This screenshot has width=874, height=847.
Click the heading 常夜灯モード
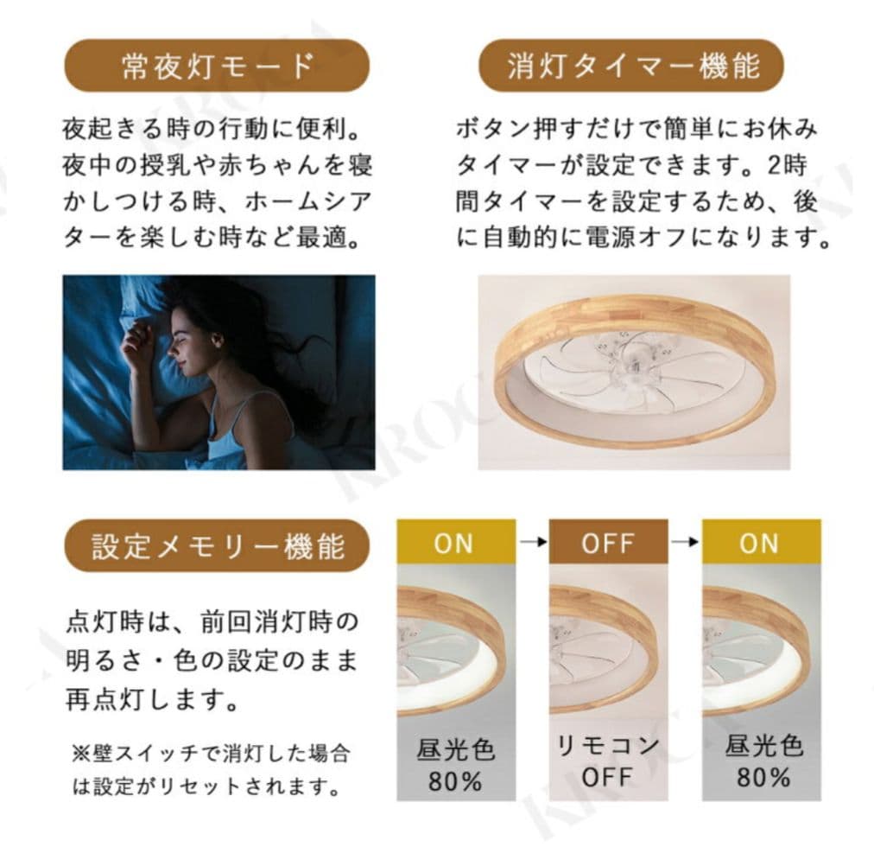217,67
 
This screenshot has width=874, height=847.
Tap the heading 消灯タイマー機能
631,67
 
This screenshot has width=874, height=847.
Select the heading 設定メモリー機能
217,546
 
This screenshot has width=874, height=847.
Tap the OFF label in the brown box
608,543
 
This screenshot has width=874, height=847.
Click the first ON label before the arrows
454,543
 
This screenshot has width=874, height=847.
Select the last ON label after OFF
759,543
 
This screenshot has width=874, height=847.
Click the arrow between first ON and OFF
532,542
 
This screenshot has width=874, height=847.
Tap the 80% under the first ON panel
455,780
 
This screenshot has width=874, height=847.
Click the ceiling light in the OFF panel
608,643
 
